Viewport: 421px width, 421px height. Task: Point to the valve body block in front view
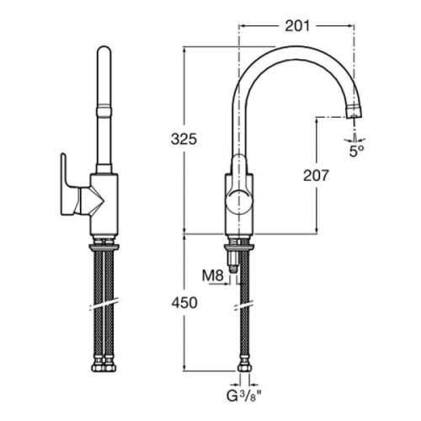(x=103, y=202)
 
